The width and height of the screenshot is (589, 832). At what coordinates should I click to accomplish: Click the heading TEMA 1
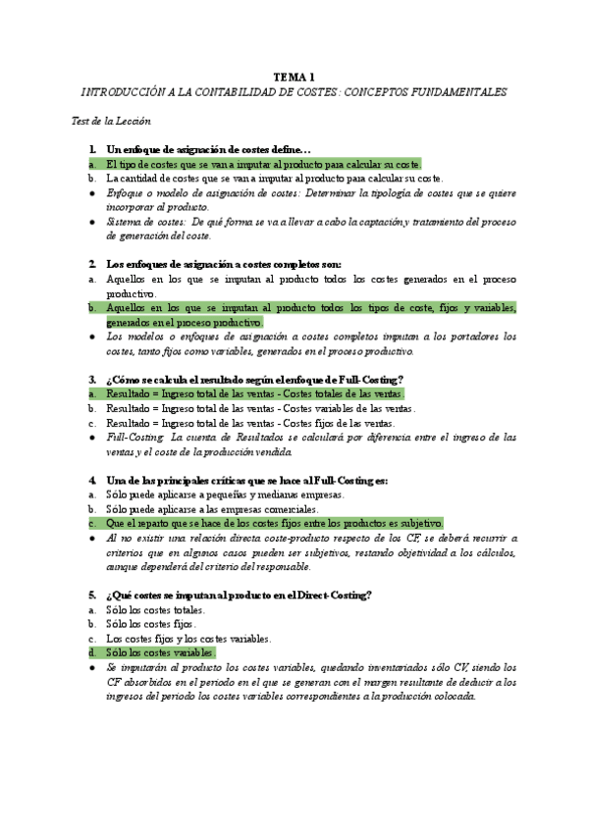click(294, 77)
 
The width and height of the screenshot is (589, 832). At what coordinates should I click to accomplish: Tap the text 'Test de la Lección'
click(112, 121)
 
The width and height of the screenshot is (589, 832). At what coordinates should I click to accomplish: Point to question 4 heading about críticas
click(246, 481)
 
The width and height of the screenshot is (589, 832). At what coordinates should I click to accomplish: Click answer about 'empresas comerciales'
click(226, 509)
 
